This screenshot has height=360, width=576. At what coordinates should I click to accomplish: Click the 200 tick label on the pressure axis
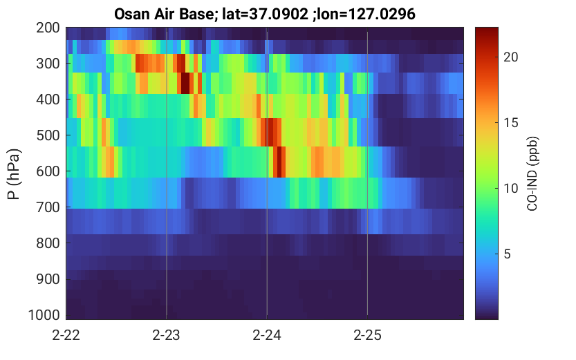48,28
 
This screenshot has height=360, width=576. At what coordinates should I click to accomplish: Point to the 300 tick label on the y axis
48,64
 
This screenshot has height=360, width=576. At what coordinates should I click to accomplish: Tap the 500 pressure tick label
48,135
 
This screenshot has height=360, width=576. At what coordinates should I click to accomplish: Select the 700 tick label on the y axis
48,207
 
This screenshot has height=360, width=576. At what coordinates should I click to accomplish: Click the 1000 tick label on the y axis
44,315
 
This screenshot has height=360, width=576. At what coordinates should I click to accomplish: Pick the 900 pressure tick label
48,279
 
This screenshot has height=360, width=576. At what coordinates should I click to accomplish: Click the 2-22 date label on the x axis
66,335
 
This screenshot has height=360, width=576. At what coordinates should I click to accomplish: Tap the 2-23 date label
167,335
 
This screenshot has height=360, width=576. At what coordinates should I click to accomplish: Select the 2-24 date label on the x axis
267,335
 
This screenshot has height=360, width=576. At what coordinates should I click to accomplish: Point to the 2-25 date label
367,335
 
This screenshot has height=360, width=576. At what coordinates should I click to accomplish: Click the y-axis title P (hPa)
14,174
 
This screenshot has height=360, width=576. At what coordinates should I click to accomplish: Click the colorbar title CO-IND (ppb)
532,174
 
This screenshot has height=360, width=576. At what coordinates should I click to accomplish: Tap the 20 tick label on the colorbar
511,57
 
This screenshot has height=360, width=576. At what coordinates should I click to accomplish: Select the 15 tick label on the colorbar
511,122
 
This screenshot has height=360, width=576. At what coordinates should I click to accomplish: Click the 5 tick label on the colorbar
508,254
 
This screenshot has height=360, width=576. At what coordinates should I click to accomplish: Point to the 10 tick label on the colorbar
511,188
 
